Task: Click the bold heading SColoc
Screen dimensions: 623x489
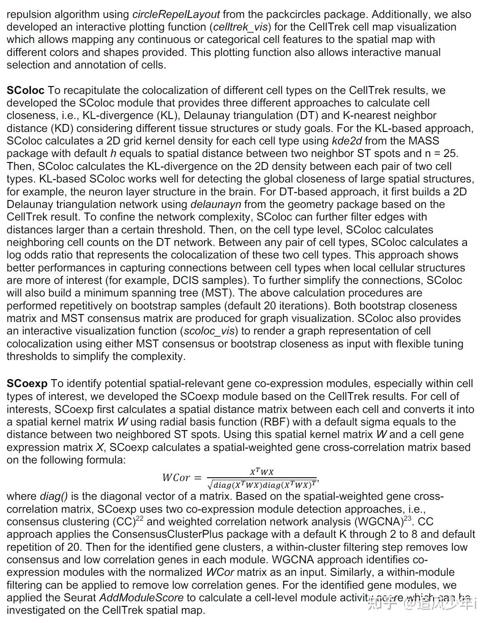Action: pyautogui.click(x=25, y=90)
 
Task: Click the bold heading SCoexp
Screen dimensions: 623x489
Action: pyautogui.click(x=27, y=383)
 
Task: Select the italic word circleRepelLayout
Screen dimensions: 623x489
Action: pyautogui.click(x=176, y=14)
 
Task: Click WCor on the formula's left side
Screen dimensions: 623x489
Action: pyautogui.click(x=176, y=478)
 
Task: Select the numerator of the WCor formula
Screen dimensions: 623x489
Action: pyautogui.click(x=262, y=472)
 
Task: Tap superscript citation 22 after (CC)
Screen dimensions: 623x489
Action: pyautogui.click(x=139, y=518)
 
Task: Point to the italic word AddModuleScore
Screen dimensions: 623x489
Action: pyautogui.click(x=141, y=598)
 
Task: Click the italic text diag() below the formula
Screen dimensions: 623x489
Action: pyautogui.click(x=54, y=496)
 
